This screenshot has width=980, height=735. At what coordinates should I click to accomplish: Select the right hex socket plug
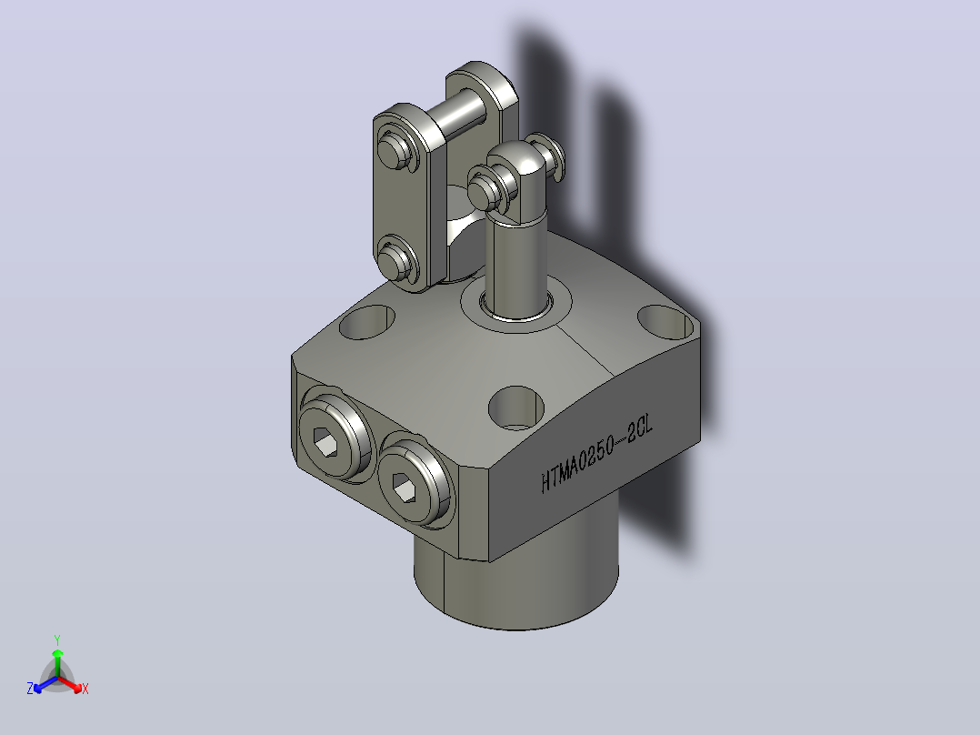coord(413,480)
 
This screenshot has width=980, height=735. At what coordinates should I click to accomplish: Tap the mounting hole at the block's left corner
coord(367,321)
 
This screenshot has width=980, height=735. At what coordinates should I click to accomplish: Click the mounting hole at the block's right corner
coord(665,321)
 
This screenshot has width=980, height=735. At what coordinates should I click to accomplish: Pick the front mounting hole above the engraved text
coord(515,408)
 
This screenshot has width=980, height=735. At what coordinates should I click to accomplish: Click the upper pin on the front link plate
coord(395,150)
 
